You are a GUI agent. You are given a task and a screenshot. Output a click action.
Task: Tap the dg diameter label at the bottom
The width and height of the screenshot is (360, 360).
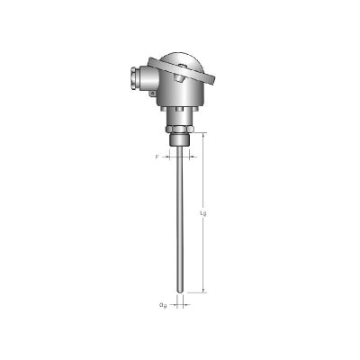[162, 304]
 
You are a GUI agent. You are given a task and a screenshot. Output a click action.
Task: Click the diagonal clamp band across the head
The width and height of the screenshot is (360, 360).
[180, 73]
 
